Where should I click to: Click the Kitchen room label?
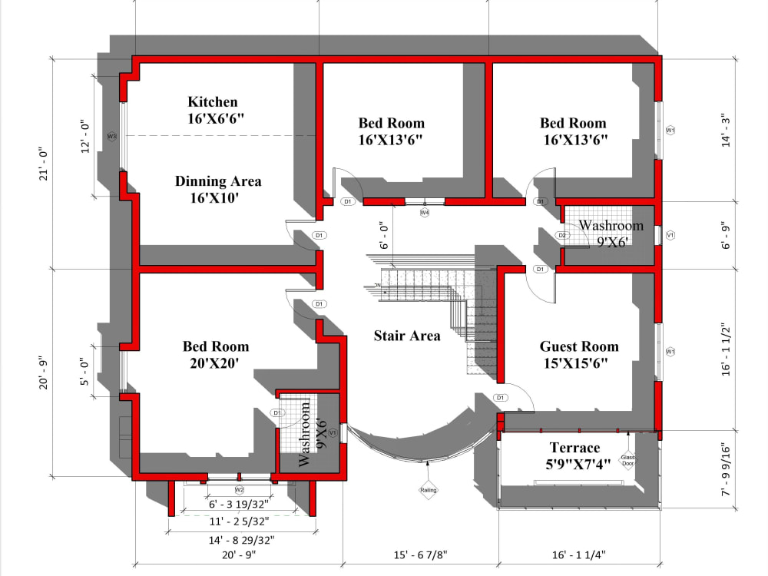tap(213, 102)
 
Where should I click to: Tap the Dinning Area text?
tap(218, 182)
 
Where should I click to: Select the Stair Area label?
tap(407, 336)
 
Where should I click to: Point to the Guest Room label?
tap(579, 346)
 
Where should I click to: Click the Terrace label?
tap(574, 448)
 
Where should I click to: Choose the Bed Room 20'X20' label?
tap(216, 347)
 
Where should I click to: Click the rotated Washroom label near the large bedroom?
tap(305, 435)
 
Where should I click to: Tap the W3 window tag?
tap(111, 137)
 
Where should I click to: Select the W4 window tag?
tap(424, 212)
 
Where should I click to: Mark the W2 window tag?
tap(239, 489)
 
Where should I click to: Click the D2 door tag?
tap(562, 235)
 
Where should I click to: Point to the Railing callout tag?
tap(428, 490)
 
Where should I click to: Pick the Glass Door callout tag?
tap(628, 459)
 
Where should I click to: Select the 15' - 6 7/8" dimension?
tap(419, 554)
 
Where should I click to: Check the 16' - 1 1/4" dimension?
tap(581, 554)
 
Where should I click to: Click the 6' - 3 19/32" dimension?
tap(240, 505)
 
